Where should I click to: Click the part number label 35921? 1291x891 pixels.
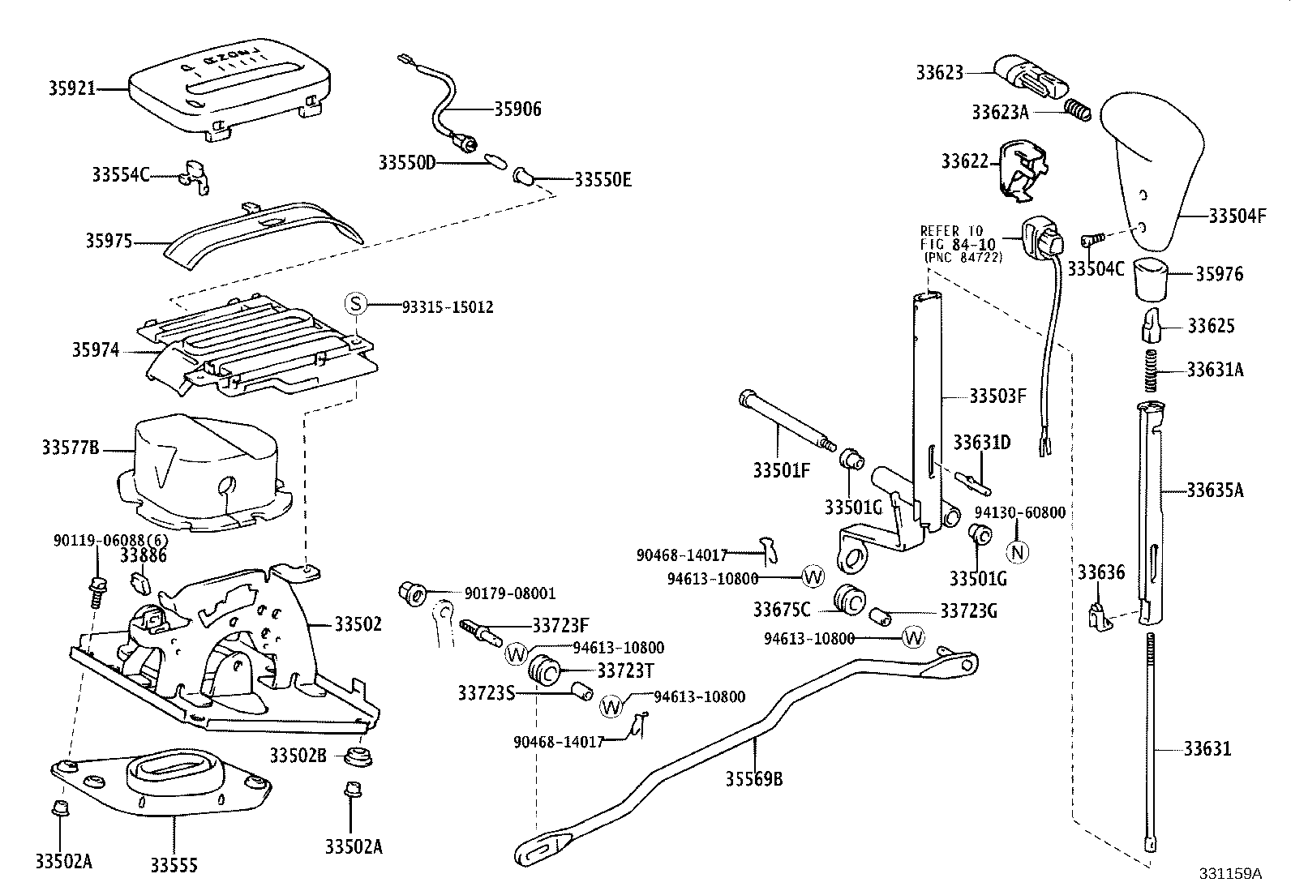tap(71, 88)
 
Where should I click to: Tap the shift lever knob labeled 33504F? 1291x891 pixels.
tap(1152, 173)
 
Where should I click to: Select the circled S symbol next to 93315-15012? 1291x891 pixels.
tap(356, 304)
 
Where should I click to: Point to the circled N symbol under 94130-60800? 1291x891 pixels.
tap(1017, 552)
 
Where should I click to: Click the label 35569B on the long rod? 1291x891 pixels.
tap(754, 779)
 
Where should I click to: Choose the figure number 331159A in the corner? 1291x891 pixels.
tap(1230, 874)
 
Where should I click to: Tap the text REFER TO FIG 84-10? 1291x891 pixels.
tap(957, 238)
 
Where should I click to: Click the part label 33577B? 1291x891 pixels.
tap(71, 448)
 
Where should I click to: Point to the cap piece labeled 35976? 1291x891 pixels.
tap(1151, 280)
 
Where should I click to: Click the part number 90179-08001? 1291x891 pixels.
tap(510, 593)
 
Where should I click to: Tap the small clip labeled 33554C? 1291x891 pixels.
tap(195, 177)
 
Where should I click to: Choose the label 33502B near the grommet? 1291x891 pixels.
tap(298, 755)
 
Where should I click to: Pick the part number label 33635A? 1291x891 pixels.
tap(1215, 490)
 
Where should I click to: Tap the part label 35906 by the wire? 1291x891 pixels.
tap(517, 109)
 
